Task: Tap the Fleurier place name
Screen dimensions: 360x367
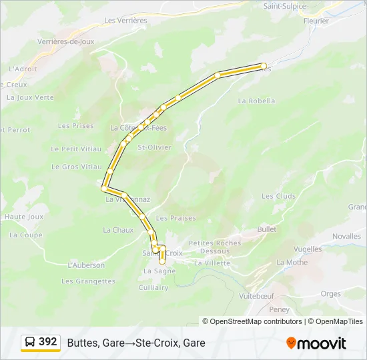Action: tap(316, 21)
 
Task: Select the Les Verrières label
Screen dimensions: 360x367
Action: tap(125, 21)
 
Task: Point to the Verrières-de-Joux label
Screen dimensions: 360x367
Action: tap(66, 41)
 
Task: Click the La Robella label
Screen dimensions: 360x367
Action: tap(256, 101)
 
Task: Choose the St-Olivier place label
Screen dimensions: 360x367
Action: tap(154, 147)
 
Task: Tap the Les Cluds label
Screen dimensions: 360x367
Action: tap(278, 196)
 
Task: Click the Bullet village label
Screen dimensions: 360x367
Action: tap(267, 229)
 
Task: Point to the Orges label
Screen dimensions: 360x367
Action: tap(330, 293)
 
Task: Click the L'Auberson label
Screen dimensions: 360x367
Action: tap(86, 265)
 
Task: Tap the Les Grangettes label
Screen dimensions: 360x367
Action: tap(88, 281)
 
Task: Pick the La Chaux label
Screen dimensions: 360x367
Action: tap(118, 230)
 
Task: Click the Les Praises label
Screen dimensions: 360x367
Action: tap(176, 218)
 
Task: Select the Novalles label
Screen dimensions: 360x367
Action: tap(346, 236)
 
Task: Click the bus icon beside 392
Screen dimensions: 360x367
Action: tap(30, 343)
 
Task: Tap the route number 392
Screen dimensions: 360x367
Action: tap(48, 342)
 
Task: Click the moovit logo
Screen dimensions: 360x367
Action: tap(316, 343)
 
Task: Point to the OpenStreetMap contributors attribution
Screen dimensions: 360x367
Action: tap(252, 321)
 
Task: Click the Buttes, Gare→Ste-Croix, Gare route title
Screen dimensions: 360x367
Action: tap(136, 343)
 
